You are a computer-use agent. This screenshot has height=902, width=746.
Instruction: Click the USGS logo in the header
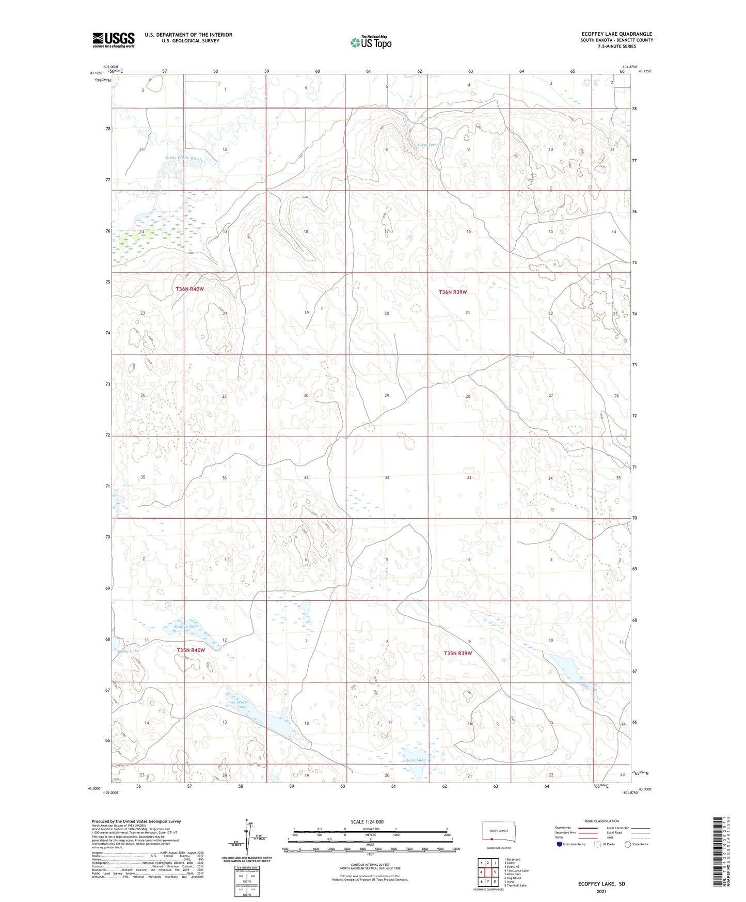pos(114,40)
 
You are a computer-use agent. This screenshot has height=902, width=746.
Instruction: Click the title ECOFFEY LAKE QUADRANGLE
pos(616,34)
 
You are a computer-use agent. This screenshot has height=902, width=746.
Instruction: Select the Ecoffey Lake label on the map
pos(186,627)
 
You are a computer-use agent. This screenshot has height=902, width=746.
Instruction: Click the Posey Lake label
pos(128,651)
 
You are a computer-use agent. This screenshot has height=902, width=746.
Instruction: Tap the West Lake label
pos(242,705)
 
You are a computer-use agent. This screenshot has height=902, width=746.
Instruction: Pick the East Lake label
pos(416,760)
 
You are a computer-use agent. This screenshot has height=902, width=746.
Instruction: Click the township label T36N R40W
pos(190,289)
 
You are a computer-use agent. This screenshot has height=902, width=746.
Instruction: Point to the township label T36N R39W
pos(452,292)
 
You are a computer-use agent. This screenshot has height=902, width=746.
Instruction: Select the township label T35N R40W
pos(191,650)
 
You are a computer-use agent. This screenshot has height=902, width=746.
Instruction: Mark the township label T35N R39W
pos(458,654)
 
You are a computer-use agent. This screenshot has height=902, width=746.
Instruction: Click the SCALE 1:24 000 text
pos(367,822)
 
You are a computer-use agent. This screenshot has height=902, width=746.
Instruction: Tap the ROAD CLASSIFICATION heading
pos(601,821)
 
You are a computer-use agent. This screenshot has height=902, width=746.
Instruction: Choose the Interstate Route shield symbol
pos(560,844)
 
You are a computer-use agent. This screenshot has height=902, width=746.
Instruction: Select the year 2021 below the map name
pos(601,892)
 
